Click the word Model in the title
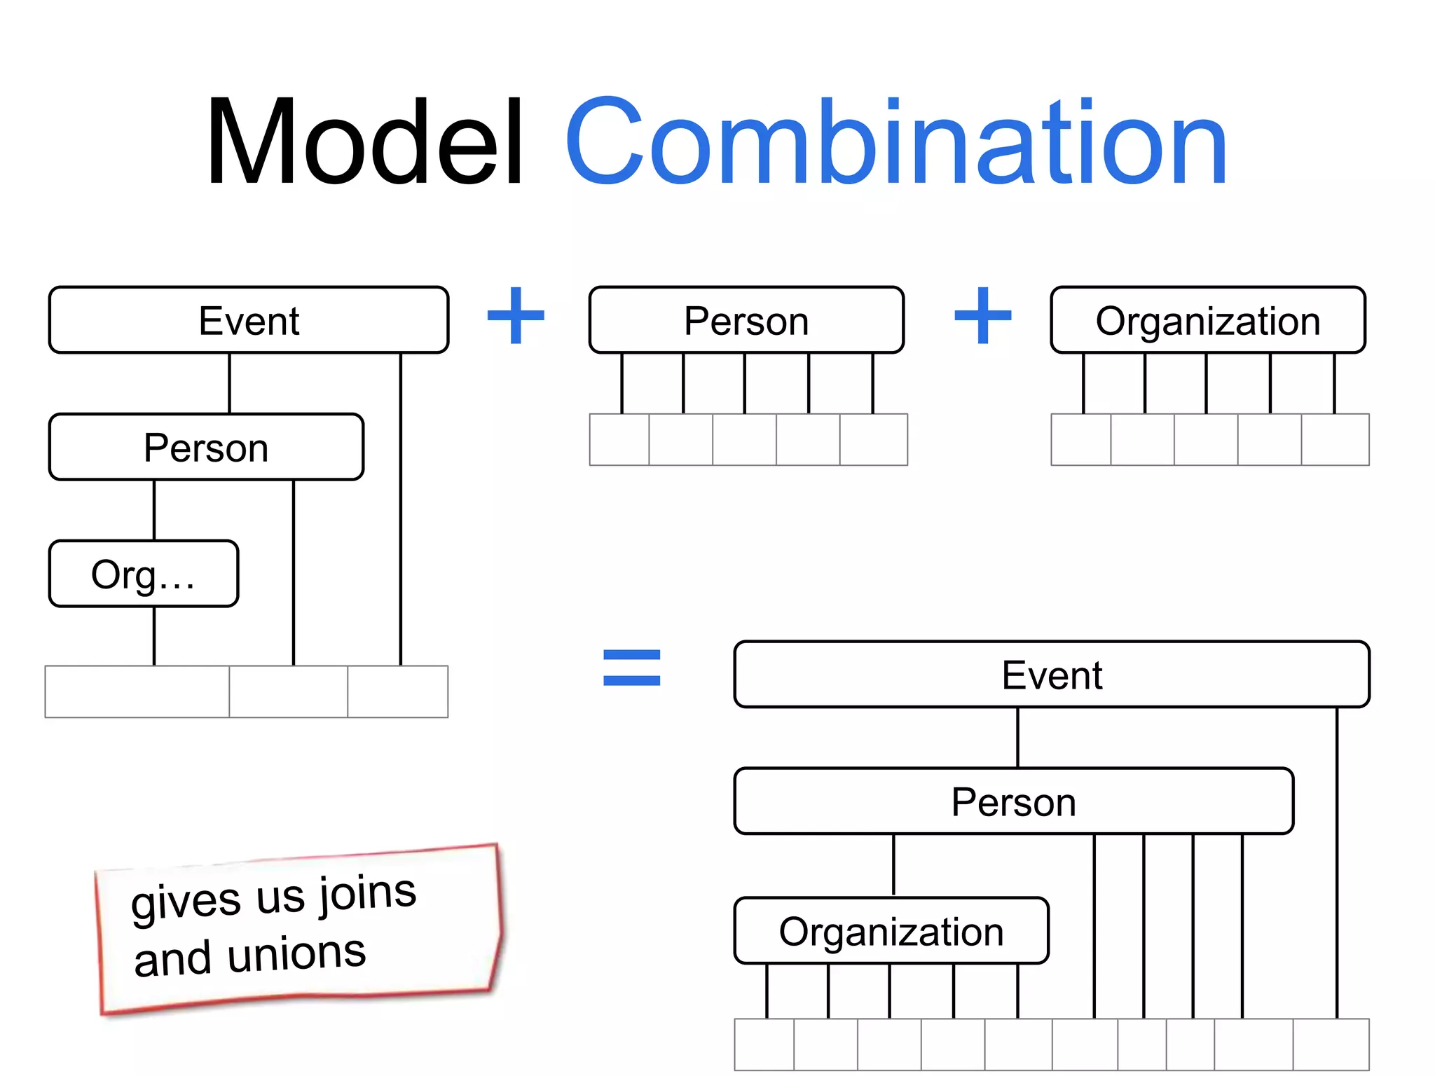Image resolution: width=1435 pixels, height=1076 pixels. [364, 144]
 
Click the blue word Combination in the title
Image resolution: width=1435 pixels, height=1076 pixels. [897, 144]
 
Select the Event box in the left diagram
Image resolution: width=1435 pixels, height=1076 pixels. [249, 320]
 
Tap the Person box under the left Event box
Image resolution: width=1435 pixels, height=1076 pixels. [206, 447]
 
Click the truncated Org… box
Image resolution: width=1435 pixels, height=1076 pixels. [144, 574]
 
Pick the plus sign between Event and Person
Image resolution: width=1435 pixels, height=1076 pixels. [516, 316]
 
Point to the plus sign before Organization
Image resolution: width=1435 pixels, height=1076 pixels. [983, 316]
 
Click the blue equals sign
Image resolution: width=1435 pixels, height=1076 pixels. [631, 668]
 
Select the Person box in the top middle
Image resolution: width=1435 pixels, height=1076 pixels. [746, 320]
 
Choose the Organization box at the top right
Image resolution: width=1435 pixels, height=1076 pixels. [1208, 320]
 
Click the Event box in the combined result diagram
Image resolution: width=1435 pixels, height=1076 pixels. [1052, 675]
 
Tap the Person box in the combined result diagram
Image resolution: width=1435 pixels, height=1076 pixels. [1013, 801]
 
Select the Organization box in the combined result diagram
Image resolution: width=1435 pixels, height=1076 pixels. [891, 931]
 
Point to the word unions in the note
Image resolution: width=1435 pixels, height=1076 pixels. [297, 954]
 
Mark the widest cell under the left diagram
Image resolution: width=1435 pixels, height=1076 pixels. [137, 692]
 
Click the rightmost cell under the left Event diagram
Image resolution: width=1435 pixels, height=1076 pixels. [397, 692]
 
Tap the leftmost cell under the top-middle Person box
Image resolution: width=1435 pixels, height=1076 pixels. [619, 440]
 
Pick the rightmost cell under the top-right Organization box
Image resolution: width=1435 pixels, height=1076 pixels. [1335, 440]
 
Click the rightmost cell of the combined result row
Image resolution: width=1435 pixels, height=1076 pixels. [1331, 1044]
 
